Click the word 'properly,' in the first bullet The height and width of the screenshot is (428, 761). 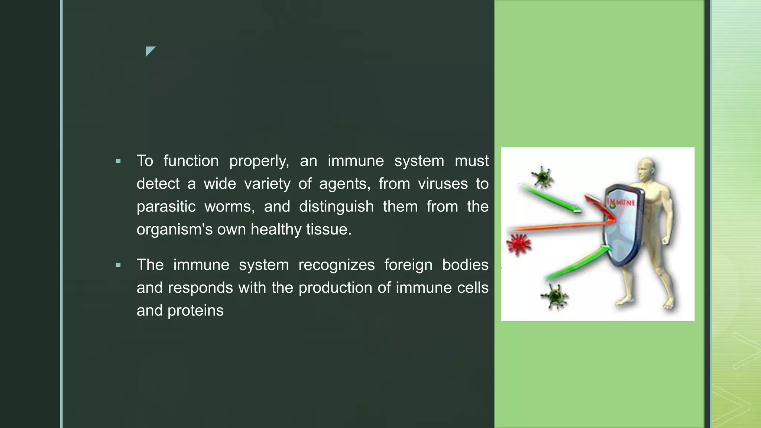coord(259,161)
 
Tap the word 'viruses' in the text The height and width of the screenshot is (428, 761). coord(443,184)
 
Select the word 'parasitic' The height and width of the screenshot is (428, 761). coord(166,207)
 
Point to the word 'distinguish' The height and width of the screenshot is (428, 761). coord(336,207)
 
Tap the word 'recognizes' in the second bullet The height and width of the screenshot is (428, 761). coord(336,265)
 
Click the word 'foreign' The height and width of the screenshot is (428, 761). coord(408,265)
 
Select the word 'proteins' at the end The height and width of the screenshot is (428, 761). coord(195,311)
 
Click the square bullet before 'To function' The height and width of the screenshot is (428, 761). coord(119,161)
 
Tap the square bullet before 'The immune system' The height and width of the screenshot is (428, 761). coord(119,265)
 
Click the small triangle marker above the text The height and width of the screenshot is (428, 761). coord(150,51)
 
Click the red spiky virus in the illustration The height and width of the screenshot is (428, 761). coord(519,244)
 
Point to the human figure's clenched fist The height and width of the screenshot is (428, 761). coord(665,240)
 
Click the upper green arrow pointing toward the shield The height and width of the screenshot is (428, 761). coord(550,201)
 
